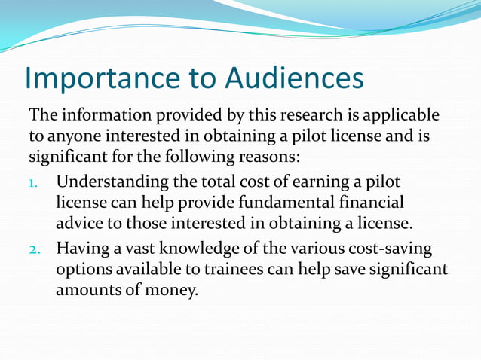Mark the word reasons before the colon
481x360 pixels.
[267, 159]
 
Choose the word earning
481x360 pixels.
[293, 182]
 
